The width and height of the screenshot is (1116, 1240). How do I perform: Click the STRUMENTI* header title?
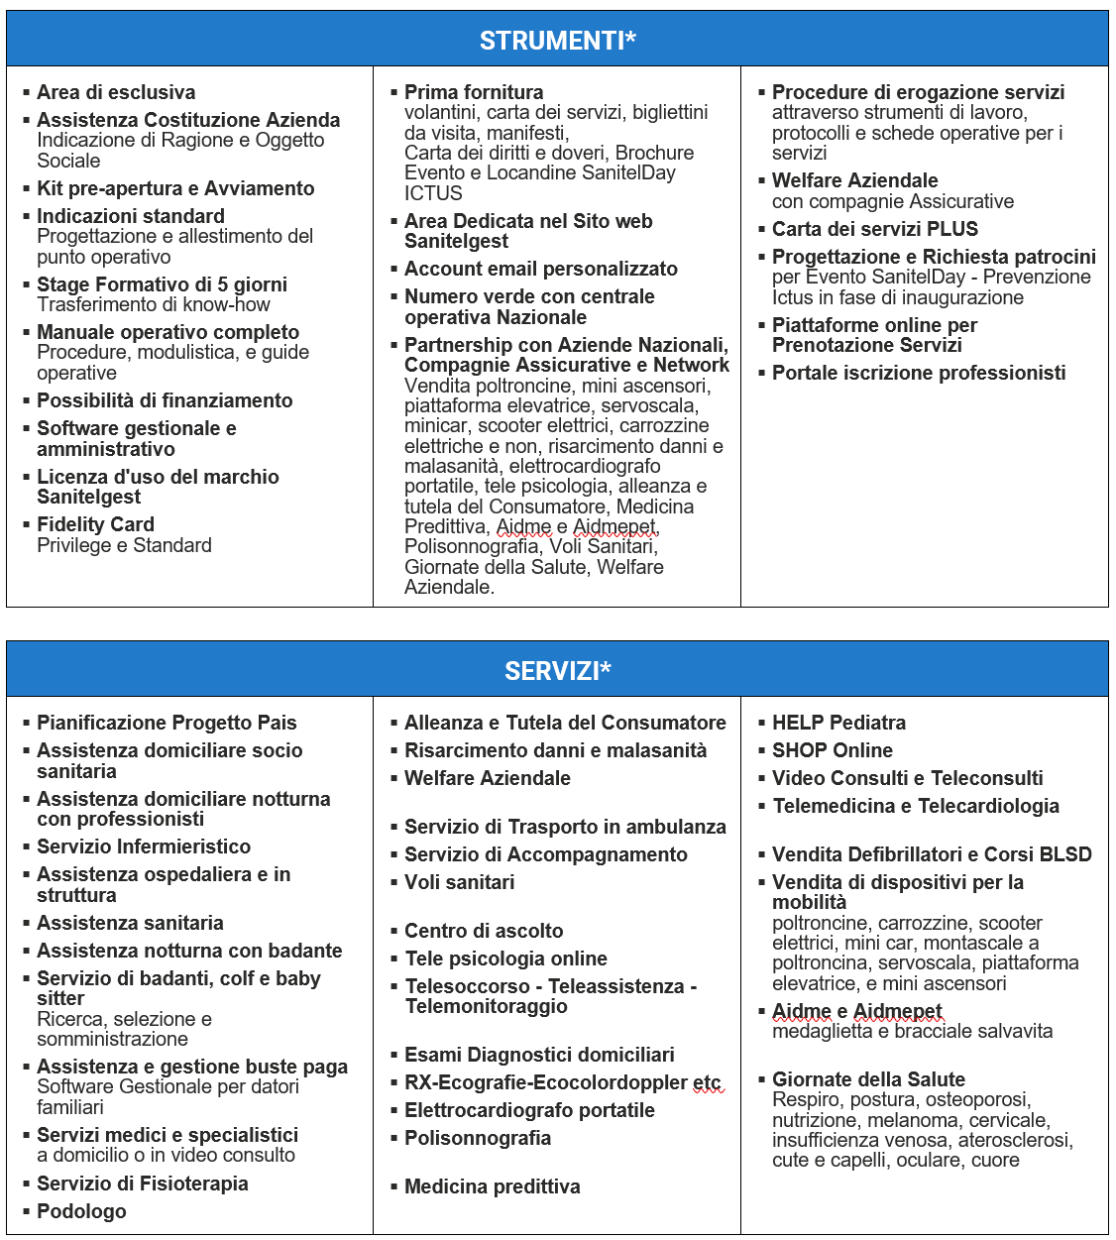557,41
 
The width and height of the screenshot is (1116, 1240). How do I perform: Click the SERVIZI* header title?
557,671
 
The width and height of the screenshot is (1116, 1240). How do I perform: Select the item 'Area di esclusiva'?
116,92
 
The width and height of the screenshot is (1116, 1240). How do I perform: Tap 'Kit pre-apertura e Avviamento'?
175,188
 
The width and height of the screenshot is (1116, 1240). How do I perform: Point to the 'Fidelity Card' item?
95,524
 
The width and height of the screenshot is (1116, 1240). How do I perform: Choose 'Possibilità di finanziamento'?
165,400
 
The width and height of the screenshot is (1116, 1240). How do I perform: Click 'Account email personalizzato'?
541,269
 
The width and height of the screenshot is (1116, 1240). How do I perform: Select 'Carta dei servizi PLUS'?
875,229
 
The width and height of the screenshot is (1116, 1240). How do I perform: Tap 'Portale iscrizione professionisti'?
919,373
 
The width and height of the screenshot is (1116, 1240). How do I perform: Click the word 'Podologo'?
81,1211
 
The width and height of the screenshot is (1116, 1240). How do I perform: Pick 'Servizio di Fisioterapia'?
143,1184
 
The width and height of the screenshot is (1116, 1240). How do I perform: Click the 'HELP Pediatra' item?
838,723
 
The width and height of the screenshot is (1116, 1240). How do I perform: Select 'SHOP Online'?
833,750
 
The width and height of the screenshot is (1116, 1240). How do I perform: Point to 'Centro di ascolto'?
484,931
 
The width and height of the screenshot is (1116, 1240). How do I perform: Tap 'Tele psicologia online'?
505,958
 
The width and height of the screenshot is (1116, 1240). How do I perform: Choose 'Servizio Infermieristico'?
144,846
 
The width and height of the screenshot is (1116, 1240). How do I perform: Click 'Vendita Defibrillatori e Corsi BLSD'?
932,854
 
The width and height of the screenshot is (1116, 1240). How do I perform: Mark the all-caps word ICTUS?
433,193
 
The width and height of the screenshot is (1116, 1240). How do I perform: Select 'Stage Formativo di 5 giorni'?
162,284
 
